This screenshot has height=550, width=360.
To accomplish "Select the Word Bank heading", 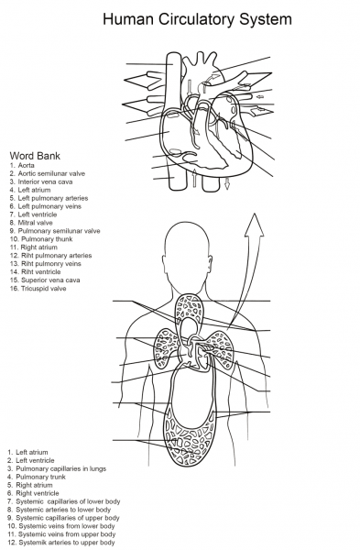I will (35, 155).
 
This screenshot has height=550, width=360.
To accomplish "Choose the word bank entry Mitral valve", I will (36, 223).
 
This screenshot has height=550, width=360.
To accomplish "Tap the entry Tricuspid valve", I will (41, 288).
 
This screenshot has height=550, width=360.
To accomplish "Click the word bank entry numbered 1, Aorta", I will (25, 165).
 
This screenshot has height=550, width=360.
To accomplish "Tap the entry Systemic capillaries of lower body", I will (64, 501).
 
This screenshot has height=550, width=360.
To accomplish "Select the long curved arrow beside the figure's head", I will (240, 275).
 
